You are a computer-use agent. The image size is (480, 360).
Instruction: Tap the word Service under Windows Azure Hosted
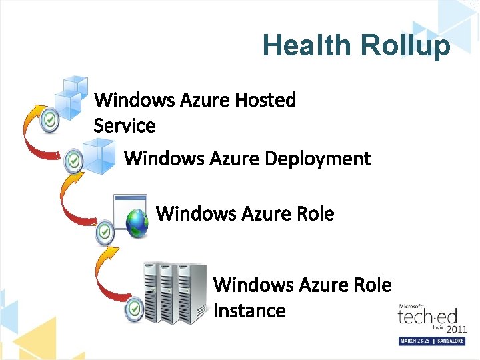coord(125,125)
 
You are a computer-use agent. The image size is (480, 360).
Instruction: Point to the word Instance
coord(249,311)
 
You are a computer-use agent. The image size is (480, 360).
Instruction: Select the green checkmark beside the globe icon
coord(104,231)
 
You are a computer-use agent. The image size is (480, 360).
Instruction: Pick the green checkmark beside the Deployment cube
coord(73,159)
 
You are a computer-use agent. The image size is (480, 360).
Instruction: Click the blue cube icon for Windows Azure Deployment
coord(98,157)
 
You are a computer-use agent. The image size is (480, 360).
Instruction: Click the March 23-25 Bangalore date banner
coord(431,341)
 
